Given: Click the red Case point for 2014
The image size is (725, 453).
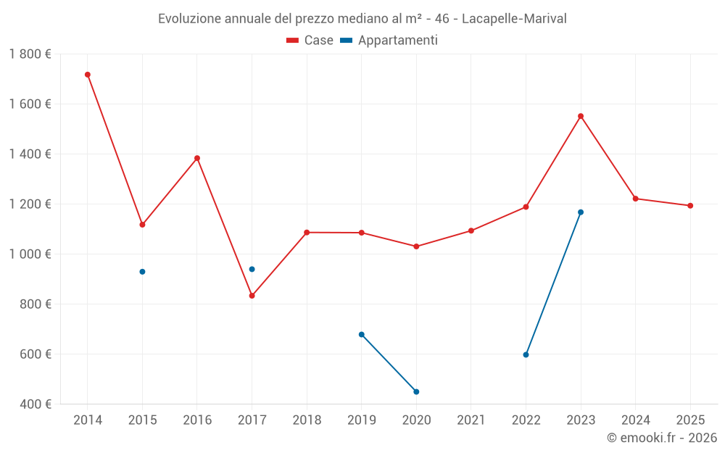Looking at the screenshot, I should pos(88,75).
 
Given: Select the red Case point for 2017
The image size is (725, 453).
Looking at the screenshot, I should pos(252,296).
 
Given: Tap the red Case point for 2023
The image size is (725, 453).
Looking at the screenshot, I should pos(581,116).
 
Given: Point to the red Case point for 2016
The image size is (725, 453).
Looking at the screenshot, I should pos(197,158).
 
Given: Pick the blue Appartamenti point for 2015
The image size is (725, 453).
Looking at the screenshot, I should pos(142,272).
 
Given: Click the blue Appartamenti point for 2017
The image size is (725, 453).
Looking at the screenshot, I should pos(252,269).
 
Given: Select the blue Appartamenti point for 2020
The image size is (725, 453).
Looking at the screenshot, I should pos(416,391).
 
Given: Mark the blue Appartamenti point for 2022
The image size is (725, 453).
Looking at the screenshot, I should pos(526,354).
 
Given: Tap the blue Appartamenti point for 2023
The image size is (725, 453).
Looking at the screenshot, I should pos(581,212).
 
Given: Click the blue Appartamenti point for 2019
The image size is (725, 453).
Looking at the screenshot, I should pos(361,334).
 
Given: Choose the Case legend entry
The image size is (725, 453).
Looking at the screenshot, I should pos(310,41).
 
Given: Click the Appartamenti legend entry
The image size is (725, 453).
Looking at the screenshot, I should pos(389,41).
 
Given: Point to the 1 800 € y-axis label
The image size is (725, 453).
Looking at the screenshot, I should pos(30,54).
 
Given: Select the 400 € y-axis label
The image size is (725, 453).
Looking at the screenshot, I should pos(36,404).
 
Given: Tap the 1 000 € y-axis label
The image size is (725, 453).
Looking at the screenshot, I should pos(30,254).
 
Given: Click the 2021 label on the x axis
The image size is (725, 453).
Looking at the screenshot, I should pos(471,420).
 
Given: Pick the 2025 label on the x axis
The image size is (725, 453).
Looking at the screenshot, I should pos(690,420).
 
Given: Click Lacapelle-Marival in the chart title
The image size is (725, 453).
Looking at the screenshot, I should pos(514,18).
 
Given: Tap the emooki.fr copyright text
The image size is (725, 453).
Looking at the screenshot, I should pos(662,438).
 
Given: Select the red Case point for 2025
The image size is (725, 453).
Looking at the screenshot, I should pos(690,206).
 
